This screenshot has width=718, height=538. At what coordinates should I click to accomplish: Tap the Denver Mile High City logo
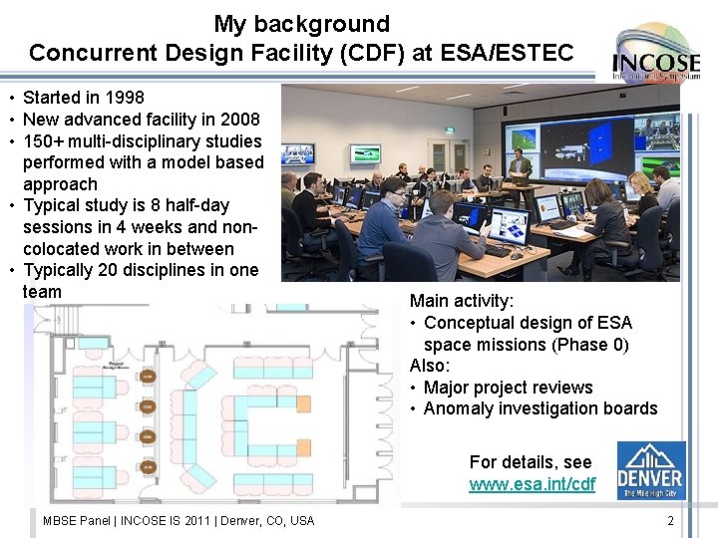coord(650,470)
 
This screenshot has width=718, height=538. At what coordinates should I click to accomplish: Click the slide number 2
coord(670,521)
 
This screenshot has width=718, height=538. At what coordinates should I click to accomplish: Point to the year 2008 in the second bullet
coord(239,120)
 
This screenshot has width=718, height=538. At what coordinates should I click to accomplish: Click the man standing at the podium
coord(520,166)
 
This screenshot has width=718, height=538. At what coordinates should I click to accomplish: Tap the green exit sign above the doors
coord(448,131)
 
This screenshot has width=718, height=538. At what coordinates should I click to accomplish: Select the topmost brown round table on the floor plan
coord(148,377)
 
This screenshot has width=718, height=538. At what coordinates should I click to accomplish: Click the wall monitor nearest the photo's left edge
coord(297,154)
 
